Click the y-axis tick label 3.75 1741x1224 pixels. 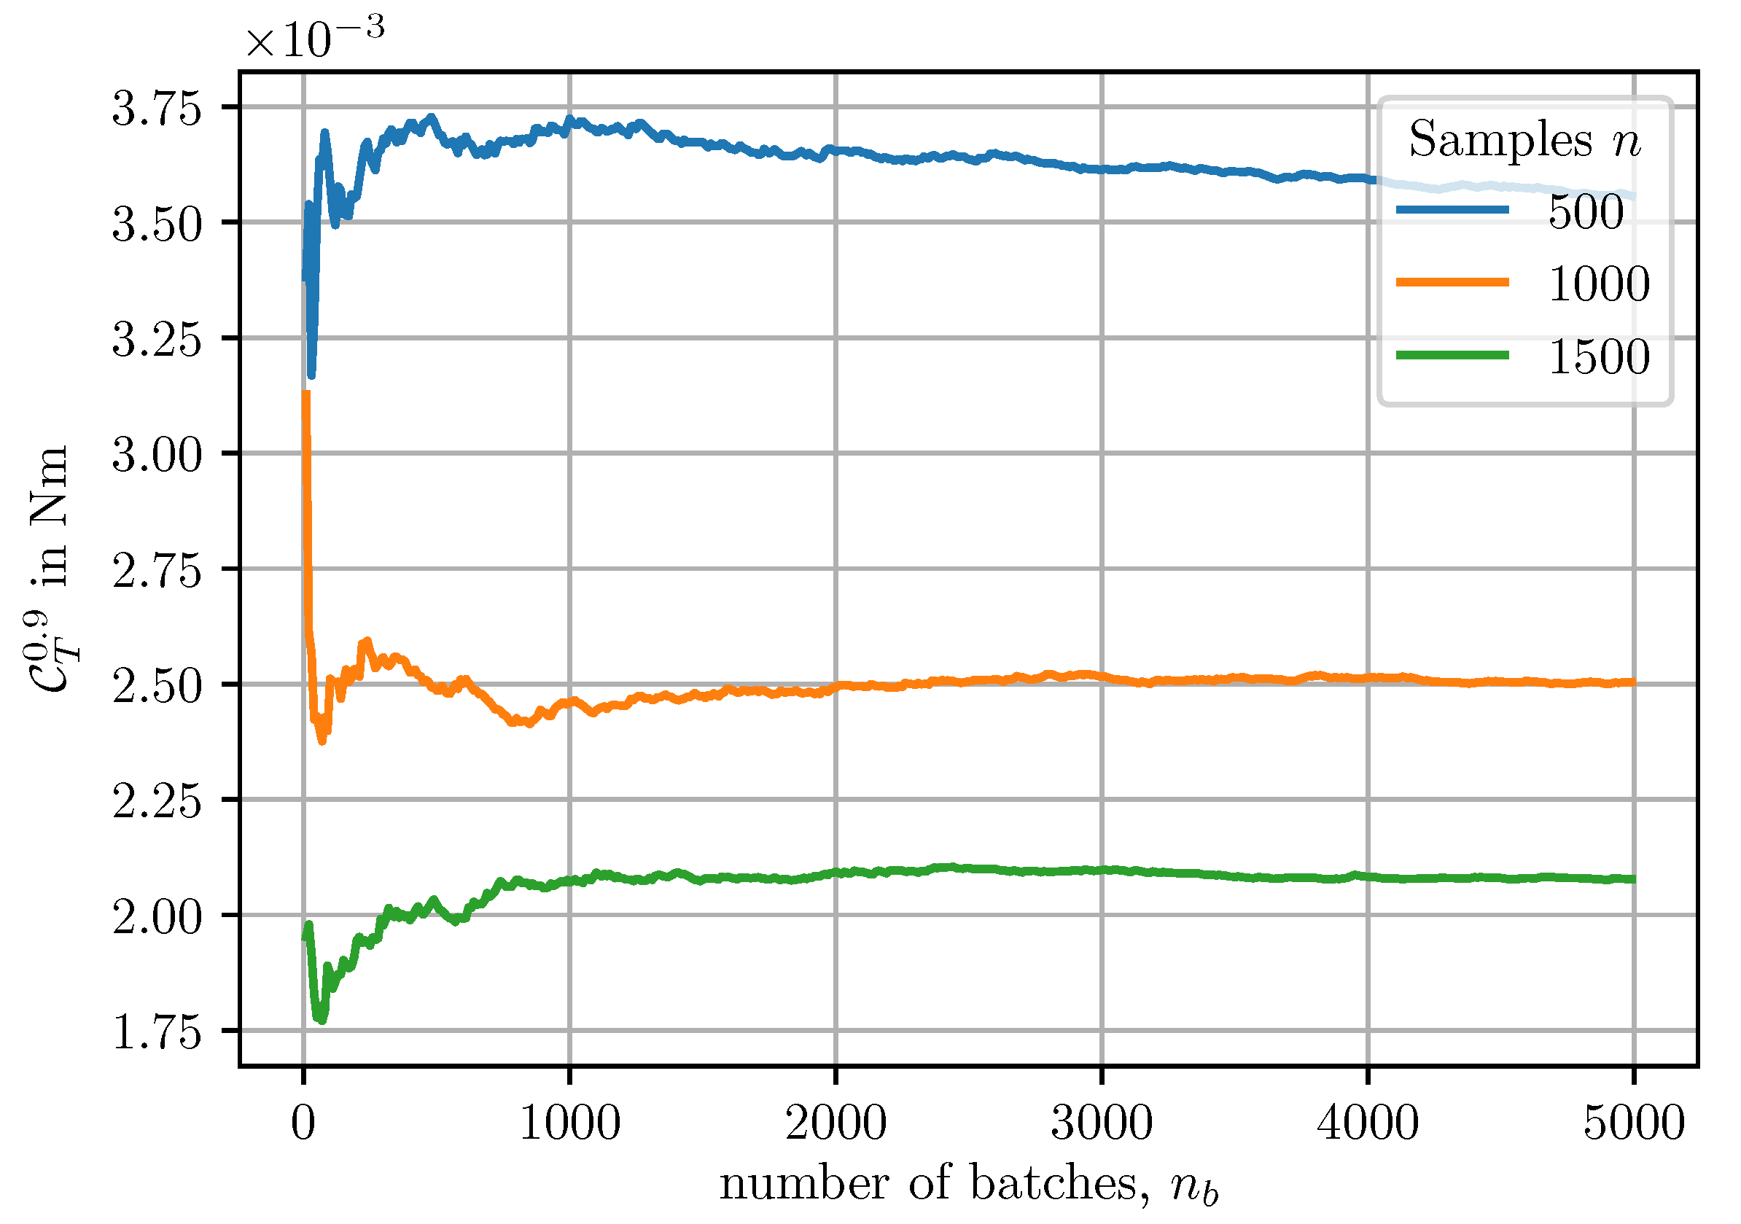(157, 109)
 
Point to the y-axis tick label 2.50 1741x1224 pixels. (157, 686)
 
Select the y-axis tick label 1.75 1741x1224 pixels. (157, 1032)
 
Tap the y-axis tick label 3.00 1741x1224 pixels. (157, 455)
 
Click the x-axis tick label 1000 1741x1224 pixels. (569, 1123)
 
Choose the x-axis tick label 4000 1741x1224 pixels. (1368, 1123)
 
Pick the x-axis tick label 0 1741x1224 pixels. (303, 1123)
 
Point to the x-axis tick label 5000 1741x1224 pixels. (1633, 1123)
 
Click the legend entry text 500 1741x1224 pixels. (1586, 211)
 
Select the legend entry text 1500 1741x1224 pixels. (1598, 357)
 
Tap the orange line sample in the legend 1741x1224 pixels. (1452, 283)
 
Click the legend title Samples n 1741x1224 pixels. (1524, 140)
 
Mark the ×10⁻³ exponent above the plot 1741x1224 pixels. (315, 36)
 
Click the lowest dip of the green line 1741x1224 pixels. (322, 1020)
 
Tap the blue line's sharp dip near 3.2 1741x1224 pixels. (311, 375)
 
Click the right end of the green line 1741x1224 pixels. (1633, 879)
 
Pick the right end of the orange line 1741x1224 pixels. (1633, 682)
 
